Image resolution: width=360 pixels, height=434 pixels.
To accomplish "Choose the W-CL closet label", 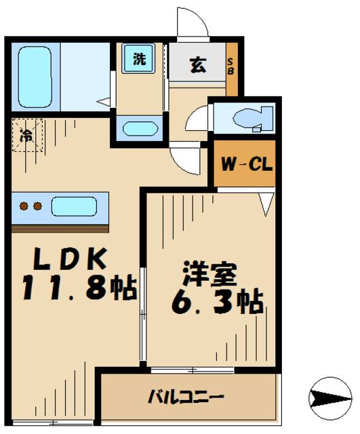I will (245, 163).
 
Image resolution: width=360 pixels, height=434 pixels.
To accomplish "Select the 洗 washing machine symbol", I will (138, 59).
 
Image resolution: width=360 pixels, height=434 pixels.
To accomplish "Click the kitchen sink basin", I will (74, 205).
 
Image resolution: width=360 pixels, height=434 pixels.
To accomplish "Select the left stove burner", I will (22, 205).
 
